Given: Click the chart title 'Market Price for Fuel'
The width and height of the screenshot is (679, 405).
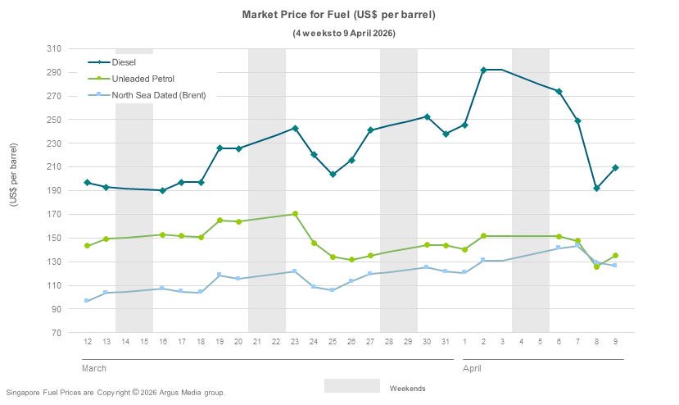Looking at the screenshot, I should tap(339, 15).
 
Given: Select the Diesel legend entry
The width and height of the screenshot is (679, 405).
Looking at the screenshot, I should tap(124, 62).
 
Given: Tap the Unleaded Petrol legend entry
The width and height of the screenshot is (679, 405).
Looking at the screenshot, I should tap(143, 79).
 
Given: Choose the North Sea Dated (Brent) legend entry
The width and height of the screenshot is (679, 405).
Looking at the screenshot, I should tap(158, 95).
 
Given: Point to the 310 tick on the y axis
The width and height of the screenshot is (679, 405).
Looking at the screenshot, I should tap(54, 49).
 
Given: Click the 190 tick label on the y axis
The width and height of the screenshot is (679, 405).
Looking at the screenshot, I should tap(54, 191).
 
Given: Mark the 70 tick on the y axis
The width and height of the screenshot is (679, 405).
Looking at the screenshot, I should tap(57, 333).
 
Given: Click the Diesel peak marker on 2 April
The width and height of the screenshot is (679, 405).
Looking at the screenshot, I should tap(483, 71).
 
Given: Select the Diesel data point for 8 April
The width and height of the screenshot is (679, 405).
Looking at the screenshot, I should tap(596, 189).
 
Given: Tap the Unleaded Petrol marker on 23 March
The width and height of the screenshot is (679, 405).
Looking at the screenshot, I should tap(295, 214).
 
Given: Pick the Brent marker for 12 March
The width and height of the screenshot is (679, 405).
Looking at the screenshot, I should tap(87, 301).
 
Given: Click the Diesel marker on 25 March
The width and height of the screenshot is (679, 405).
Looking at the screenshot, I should tap(333, 175).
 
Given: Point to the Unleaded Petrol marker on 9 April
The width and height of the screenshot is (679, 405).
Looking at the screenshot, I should tap(615, 256).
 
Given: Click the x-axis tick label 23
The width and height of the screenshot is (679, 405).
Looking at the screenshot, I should tap(295, 342).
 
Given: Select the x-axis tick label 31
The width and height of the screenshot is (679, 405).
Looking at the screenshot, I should tap(446, 342).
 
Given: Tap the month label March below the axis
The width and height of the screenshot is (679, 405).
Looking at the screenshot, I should tap(94, 369).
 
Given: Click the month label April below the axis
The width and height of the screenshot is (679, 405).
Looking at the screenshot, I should tap(473, 369).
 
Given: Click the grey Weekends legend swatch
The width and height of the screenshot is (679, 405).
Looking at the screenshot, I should tap(351, 386).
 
